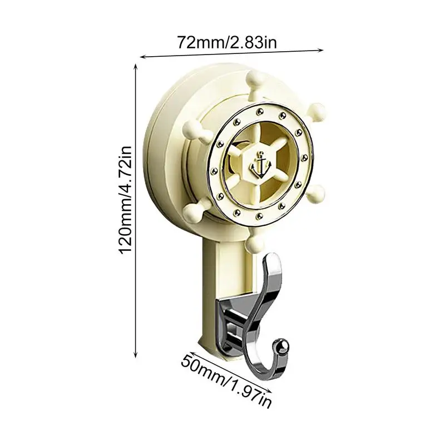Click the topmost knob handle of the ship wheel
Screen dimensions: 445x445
[258, 79]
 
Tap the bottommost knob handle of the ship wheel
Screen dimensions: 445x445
[256, 243]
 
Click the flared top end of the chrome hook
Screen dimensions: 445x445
[273, 259]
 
